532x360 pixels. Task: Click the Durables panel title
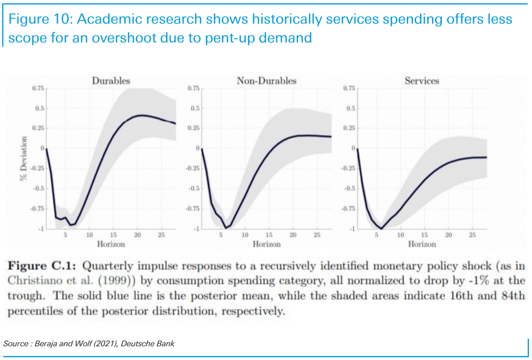coord(111,81)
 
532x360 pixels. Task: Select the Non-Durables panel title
coord(266,81)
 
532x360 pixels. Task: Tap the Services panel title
coord(422,81)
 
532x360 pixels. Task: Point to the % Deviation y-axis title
coord(24,158)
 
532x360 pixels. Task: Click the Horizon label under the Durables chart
coord(111,244)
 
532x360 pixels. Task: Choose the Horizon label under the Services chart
coord(422,244)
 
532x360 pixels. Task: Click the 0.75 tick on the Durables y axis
coord(38,88)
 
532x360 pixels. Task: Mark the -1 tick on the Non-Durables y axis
coord(197,229)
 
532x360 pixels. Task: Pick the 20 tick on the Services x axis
coord(449,235)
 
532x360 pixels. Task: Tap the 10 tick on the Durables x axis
coord(89,235)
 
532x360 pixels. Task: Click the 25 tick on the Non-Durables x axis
coord(317,235)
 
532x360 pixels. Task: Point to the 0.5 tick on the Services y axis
coord(351,109)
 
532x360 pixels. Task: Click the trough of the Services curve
coord(381,228)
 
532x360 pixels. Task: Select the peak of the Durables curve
coord(142,115)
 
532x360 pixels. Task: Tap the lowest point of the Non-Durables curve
coord(226,228)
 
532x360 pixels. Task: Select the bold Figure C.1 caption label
coord(42,266)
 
